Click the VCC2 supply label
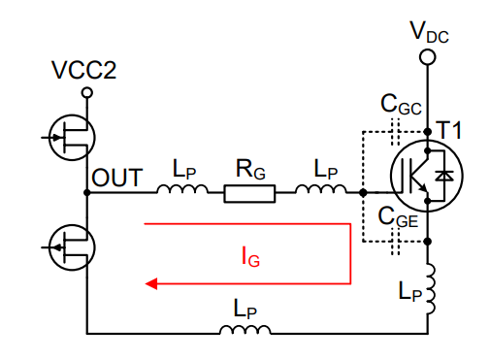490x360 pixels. click(85, 72)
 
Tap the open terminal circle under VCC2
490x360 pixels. click(86, 93)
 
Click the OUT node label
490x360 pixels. click(117, 178)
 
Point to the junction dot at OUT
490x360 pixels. click(87, 193)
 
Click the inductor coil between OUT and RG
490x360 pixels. click(182, 190)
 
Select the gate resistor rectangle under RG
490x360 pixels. click(249, 193)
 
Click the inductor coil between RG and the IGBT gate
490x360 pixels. click(319, 190)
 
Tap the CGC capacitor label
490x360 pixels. click(400, 104)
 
